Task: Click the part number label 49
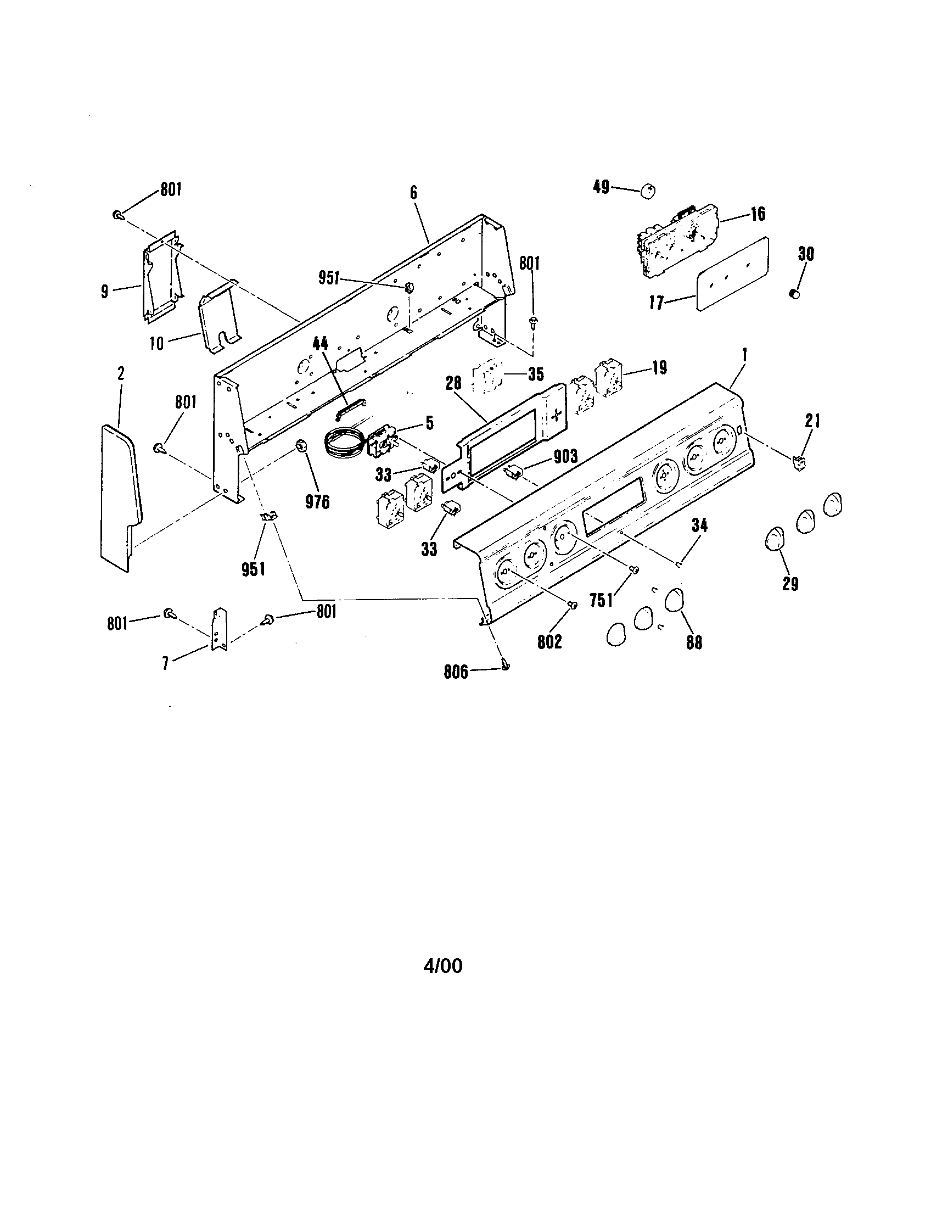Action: (601, 187)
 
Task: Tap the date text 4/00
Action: (442, 965)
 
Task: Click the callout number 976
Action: (317, 501)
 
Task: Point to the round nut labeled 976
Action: (301, 445)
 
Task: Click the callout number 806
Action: (456, 672)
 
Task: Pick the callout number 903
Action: (565, 456)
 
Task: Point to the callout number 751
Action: (602, 600)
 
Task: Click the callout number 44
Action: (319, 344)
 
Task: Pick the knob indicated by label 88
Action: (674, 600)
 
